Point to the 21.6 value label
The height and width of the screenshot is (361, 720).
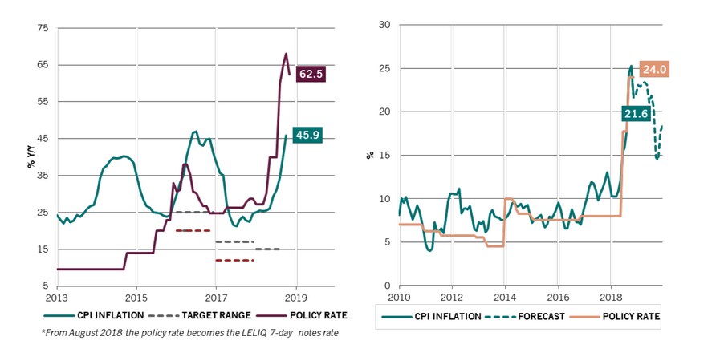(635, 114)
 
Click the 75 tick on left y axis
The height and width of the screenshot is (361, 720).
(43, 28)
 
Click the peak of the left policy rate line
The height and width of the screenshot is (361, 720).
(286, 54)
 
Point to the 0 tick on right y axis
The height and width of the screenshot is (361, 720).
(388, 286)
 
